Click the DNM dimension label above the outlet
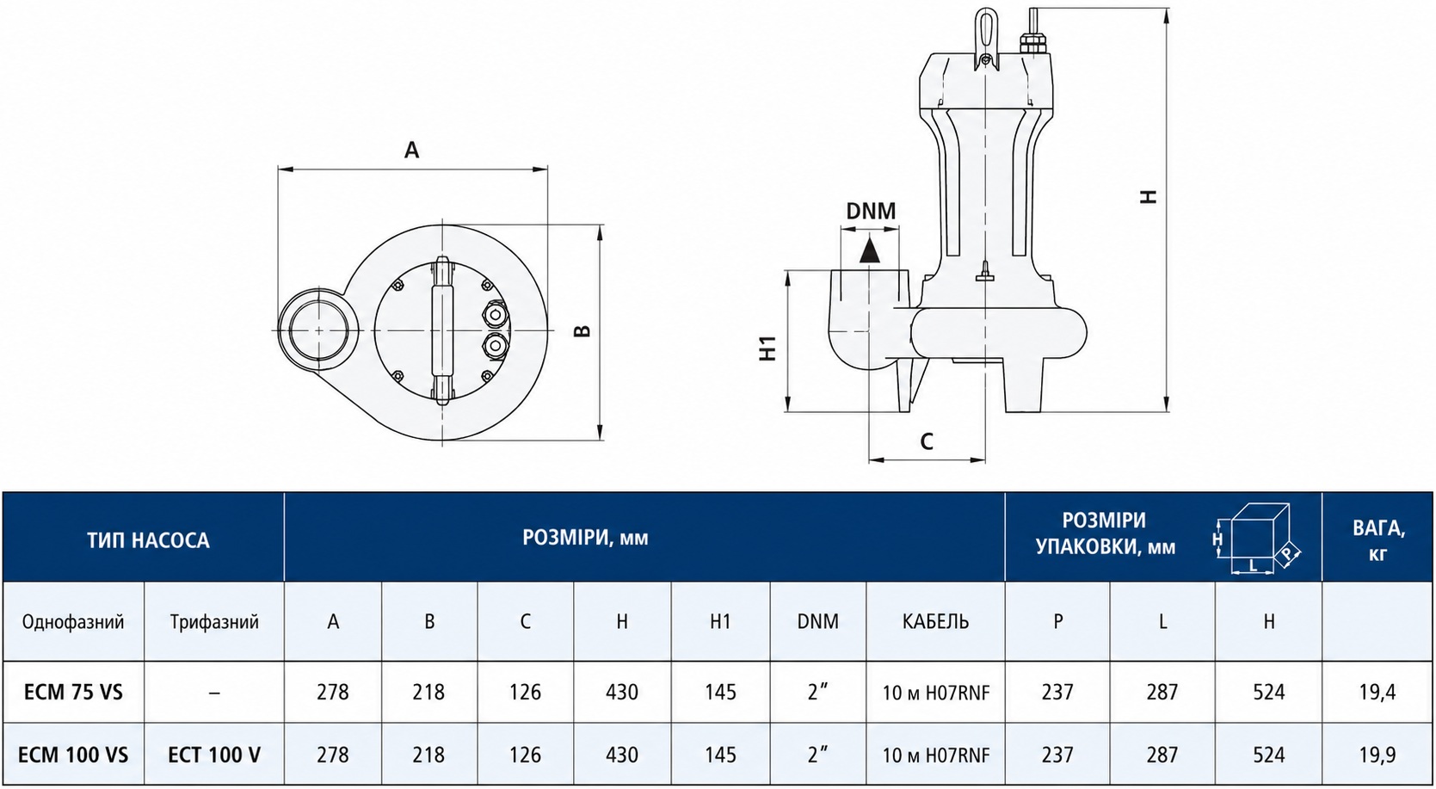[x=871, y=211]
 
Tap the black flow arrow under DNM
[x=869, y=250]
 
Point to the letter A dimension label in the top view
[x=411, y=150]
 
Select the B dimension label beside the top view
[x=582, y=331]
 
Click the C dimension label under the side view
[x=927, y=441]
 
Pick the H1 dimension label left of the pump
[x=768, y=348]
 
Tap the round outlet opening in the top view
[x=319, y=330]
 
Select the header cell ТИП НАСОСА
[x=148, y=540]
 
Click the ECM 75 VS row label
[x=73, y=693]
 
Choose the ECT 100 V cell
[x=214, y=755]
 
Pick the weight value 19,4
[x=1377, y=693]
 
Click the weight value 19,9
[x=1377, y=755]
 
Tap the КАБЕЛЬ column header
[x=936, y=621]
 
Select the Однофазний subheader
[x=73, y=622]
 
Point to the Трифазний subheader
[x=214, y=622]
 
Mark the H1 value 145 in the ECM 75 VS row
[x=720, y=693]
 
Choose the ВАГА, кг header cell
[x=1378, y=539]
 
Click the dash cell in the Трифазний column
[x=214, y=693]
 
